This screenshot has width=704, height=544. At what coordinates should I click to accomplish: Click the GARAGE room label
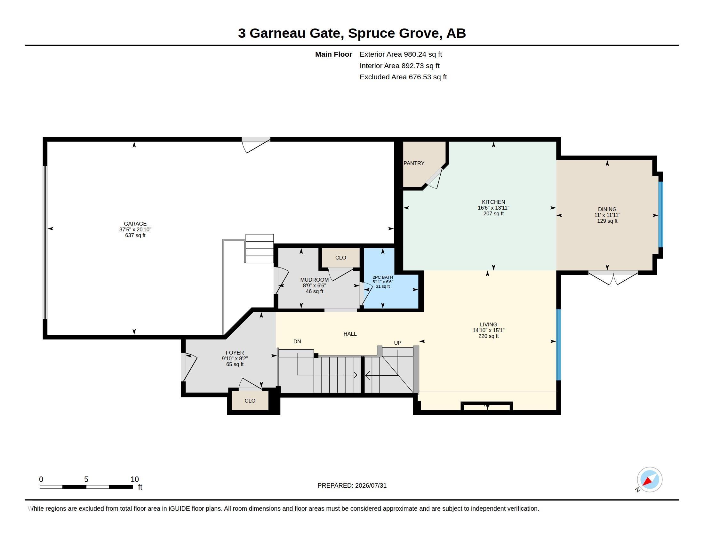(135, 224)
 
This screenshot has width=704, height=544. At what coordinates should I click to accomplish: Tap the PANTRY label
(414, 164)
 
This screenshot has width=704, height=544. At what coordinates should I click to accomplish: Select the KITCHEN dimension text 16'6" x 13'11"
(493, 208)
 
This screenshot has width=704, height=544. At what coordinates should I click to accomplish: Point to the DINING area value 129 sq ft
(607, 221)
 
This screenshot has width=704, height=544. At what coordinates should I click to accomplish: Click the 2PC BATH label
(383, 277)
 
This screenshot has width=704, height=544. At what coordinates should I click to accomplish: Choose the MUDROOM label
(314, 280)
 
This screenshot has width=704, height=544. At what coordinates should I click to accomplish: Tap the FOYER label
(235, 353)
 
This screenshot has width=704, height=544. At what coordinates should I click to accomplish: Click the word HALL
(350, 334)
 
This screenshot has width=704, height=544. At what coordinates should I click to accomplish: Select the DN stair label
(297, 342)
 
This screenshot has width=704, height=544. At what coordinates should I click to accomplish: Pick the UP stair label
(397, 343)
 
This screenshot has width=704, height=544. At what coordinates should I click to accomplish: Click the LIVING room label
(488, 324)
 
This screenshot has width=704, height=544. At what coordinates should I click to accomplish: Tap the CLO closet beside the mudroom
(340, 258)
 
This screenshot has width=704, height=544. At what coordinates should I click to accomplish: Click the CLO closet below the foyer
(250, 401)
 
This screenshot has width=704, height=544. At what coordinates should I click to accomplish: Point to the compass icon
(649, 480)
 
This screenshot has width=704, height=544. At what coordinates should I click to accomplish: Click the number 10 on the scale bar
(134, 479)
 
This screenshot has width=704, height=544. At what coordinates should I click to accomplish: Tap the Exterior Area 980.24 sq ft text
(401, 54)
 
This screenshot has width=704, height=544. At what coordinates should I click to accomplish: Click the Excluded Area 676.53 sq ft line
(403, 77)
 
